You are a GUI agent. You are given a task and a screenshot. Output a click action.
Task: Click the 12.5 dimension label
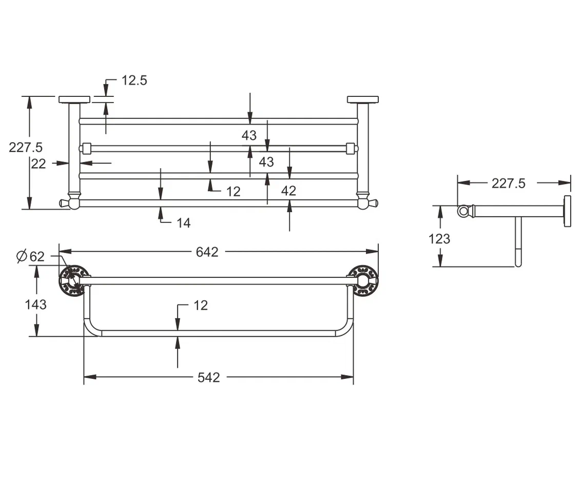134,80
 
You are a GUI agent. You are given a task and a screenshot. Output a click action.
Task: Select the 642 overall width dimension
207,252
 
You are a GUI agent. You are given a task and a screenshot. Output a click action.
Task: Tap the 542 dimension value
208,377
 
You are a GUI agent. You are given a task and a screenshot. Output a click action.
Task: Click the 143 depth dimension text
35,304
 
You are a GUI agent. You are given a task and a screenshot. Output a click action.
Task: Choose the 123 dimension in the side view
439,238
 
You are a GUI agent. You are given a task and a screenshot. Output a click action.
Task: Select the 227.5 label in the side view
508,183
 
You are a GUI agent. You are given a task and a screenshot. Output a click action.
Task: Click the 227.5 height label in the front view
26,147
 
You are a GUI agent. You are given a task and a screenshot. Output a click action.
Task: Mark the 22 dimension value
38,164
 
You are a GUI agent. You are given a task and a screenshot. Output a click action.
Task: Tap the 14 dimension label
183,222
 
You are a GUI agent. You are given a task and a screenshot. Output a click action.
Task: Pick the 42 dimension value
289,191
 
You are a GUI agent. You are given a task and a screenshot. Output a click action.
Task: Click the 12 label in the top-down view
201,305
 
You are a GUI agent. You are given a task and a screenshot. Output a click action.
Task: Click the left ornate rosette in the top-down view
71,280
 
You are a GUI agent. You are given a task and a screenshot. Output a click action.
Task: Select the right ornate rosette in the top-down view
365,280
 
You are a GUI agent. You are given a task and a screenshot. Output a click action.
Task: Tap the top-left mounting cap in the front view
74,99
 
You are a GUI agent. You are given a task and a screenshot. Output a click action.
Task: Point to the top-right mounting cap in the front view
363,99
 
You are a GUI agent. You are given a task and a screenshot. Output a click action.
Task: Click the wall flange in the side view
568,211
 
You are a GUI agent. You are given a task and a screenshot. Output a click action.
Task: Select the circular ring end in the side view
463,211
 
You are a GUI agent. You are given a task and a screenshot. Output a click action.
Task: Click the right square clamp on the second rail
352,148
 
